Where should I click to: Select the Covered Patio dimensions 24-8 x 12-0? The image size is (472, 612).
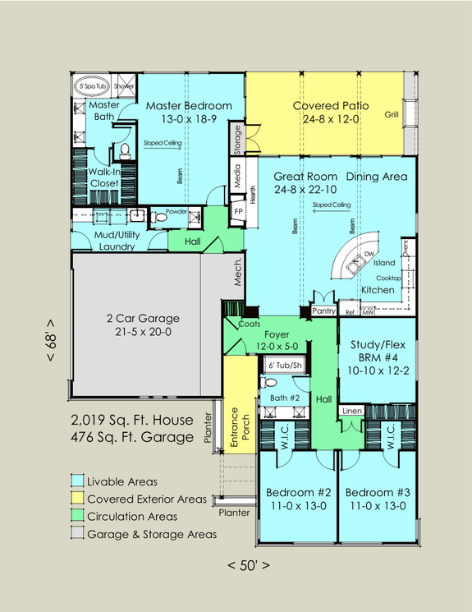point(330,120)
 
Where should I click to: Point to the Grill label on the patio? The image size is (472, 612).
point(392,114)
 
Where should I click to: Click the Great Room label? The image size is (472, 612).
point(288,177)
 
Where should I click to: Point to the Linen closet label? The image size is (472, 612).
point(351,410)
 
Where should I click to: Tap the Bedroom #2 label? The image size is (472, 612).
point(298,493)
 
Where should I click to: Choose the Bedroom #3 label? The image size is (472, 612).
point(377,493)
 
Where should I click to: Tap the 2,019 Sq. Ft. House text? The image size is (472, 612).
point(131,421)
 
